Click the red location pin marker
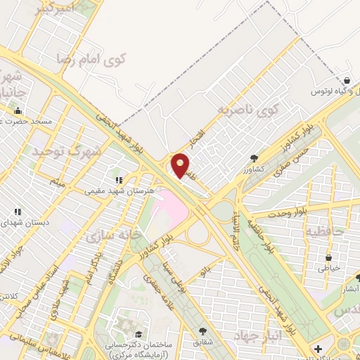(181, 167)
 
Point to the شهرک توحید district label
(67, 150)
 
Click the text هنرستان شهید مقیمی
(113, 191)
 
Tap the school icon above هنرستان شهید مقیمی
(120, 179)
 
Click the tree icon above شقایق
(203, 331)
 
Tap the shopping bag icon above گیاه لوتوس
(347, 81)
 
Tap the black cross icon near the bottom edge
(318, 349)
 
